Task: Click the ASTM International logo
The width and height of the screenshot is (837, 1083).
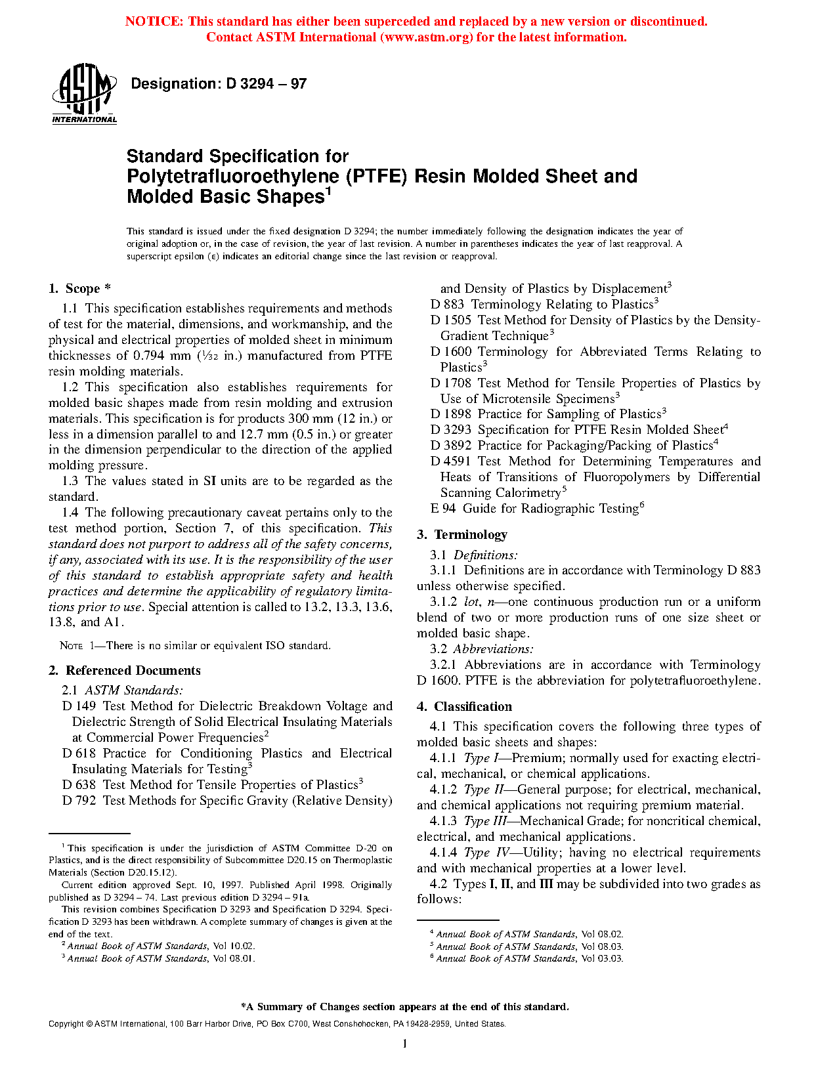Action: [84, 94]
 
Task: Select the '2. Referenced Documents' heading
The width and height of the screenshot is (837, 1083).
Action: [125, 671]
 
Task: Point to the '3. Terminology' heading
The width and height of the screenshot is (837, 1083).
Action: [462, 535]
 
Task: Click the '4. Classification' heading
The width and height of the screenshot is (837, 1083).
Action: [464, 707]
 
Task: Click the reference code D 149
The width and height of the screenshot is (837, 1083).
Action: [79, 706]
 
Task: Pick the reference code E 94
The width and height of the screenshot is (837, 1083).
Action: [443, 509]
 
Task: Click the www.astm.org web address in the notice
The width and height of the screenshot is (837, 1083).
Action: [426, 37]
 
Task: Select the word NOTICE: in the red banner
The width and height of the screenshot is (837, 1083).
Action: [154, 22]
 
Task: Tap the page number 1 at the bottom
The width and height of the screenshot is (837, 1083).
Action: [405, 1044]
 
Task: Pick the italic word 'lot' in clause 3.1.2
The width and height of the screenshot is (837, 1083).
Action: [471, 602]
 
